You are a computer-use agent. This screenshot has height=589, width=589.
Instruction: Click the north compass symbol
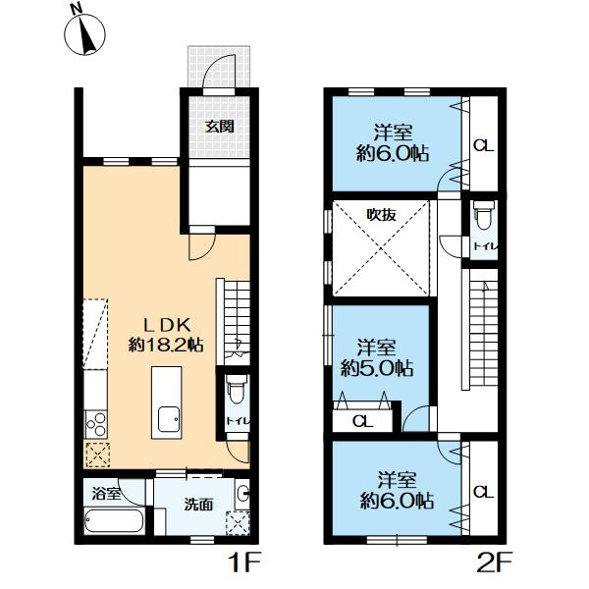tap(84, 33)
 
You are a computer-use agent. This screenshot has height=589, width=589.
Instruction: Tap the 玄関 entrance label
tap(219, 127)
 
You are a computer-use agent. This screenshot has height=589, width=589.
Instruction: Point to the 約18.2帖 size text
tap(166, 345)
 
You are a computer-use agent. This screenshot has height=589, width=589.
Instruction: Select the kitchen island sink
tap(169, 419)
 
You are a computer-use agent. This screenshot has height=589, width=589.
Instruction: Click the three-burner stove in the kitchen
tap(96, 424)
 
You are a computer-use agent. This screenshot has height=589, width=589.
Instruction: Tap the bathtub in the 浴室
tap(114, 520)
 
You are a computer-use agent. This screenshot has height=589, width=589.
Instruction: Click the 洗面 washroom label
tap(198, 505)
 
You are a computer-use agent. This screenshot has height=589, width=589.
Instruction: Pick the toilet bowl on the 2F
tap(484, 215)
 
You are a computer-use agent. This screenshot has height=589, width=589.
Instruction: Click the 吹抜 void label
tap(381, 215)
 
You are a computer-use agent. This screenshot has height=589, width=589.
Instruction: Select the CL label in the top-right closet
tap(483, 145)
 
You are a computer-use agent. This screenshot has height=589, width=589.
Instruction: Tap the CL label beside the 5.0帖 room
tap(363, 421)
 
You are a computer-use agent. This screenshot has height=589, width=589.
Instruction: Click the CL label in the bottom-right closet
tap(483, 492)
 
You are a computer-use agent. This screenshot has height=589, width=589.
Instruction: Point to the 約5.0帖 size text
tap(377, 368)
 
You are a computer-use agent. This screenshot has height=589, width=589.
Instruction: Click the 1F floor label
tap(244, 562)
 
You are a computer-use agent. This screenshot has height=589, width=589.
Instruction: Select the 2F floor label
tap(495, 562)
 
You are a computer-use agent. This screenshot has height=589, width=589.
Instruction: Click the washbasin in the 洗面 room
tap(242, 493)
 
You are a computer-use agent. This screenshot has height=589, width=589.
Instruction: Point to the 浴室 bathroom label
tap(106, 493)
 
